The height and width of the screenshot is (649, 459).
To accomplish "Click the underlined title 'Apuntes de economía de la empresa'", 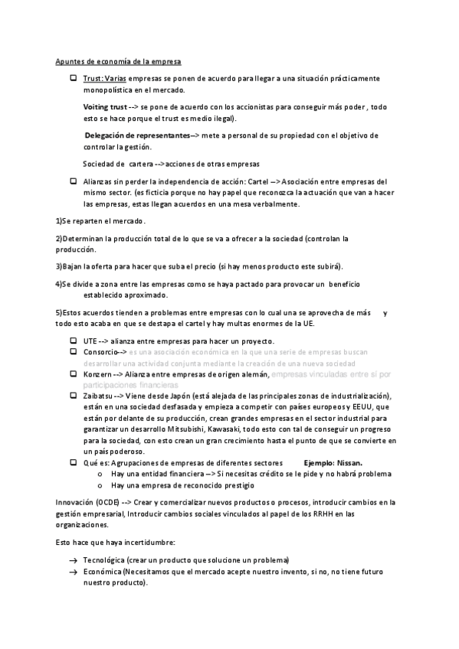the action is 118,61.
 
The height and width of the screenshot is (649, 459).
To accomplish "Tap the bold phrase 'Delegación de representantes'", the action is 136,135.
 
